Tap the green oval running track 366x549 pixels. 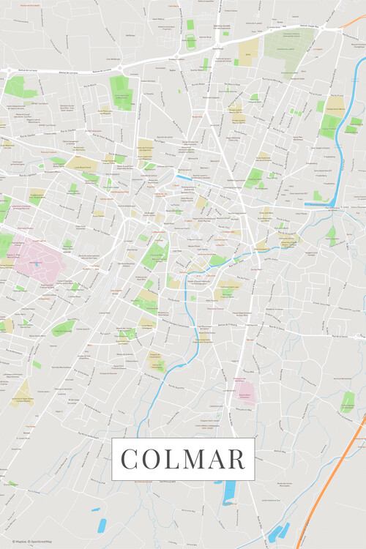pos(61,329)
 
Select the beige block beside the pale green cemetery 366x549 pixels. pos(248,50)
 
